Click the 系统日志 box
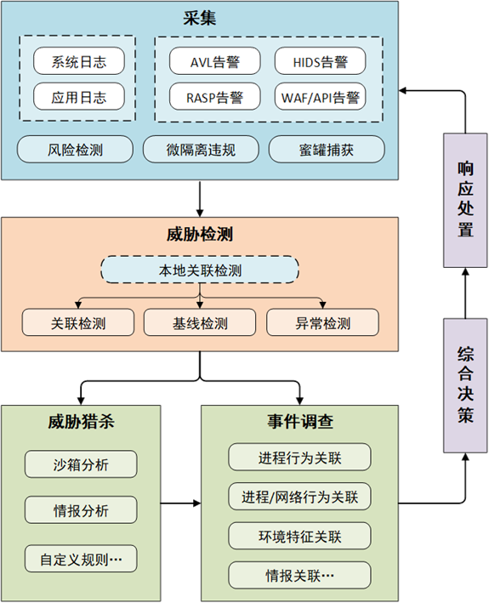[77, 60]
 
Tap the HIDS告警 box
[320, 60]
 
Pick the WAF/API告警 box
[320, 96]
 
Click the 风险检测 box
[76, 150]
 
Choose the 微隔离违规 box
[200, 150]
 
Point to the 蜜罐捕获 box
[327, 150]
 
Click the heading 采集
[199, 16]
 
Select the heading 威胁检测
[199, 234]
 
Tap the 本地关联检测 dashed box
[200, 270]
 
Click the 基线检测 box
[200, 322]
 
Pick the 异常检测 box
[322, 322]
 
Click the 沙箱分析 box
[80, 464]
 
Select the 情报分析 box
[80, 510]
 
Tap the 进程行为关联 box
[299, 458]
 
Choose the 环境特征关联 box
[299, 536]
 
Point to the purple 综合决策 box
[465, 384]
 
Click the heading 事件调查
[299, 422]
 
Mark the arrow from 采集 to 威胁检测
[199, 197]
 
